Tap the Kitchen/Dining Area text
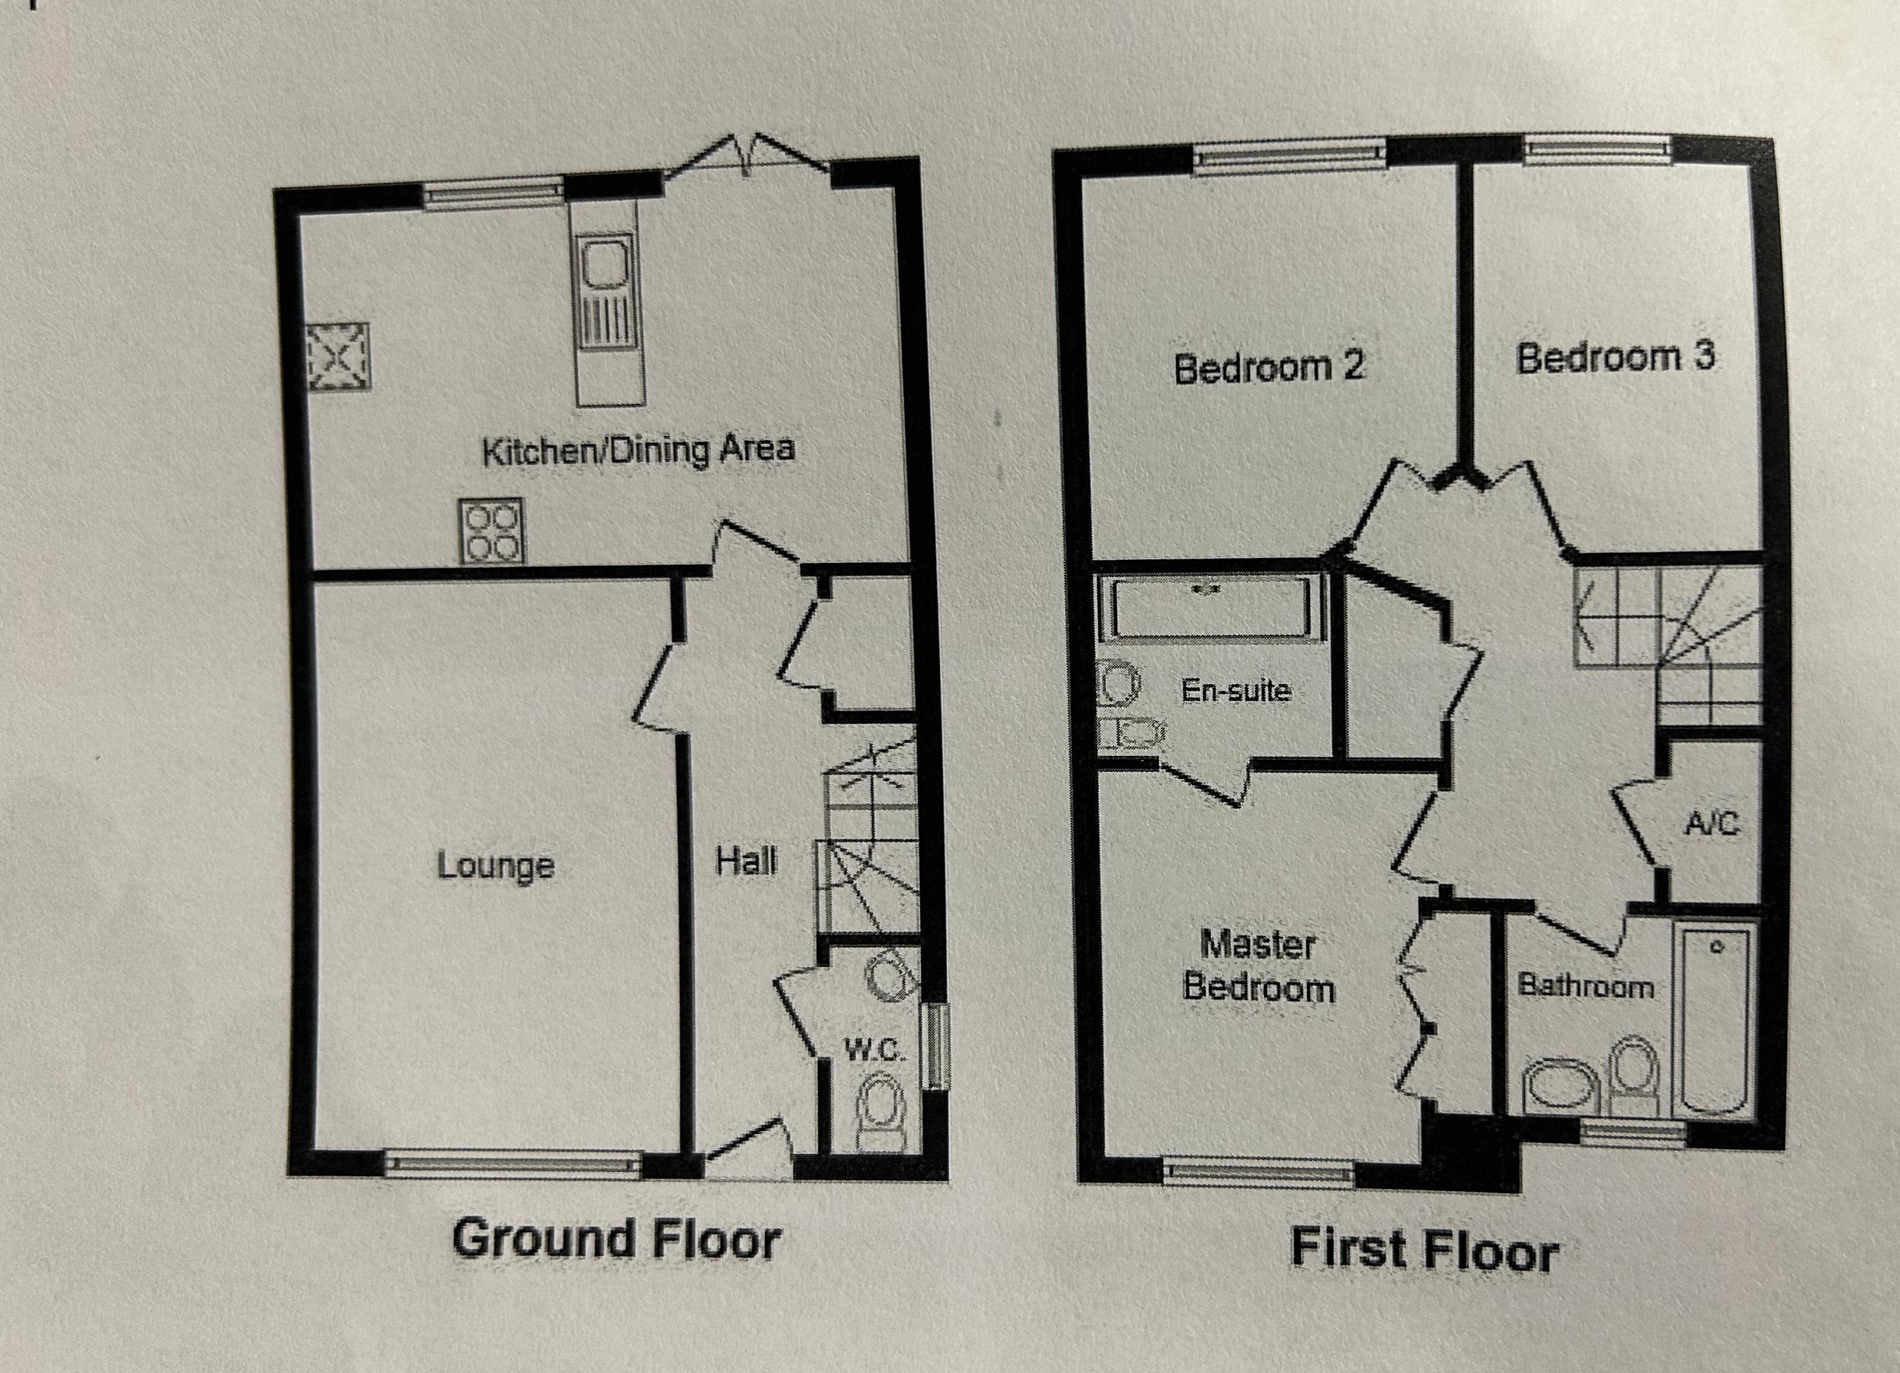coord(638,450)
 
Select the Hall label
coord(746,860)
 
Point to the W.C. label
coord(874,1050)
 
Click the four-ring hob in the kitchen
coord(492,531)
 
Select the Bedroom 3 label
coord(1616,358)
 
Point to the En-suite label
coord(1236,690)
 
